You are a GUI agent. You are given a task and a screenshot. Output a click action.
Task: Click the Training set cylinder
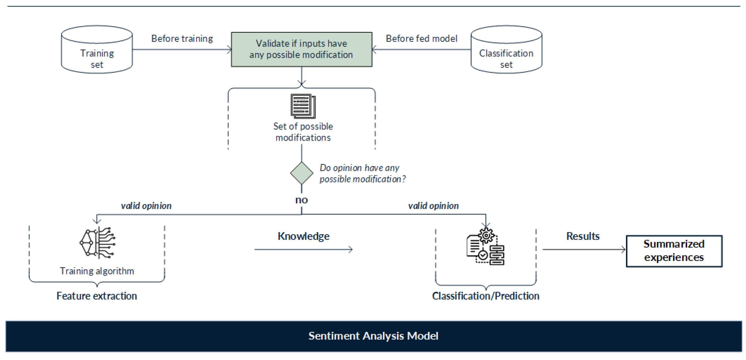pos(97,50)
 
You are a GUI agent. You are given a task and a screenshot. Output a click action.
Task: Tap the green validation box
pos(302,49)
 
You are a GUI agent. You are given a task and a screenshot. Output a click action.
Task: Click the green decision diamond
pos(302,173)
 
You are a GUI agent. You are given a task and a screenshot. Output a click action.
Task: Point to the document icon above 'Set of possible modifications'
pos(303,106)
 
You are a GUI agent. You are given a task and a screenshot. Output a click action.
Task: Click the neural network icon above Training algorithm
pos(98,243)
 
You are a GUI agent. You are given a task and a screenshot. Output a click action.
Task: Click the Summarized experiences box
pos(674,251)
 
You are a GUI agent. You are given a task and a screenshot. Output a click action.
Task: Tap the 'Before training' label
pos(182,38)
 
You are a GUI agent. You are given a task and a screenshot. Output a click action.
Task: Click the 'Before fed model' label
pos(421,38)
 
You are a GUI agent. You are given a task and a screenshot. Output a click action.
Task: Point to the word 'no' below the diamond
pos(302,200)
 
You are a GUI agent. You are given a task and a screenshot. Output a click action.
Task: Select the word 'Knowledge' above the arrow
pos(303,236)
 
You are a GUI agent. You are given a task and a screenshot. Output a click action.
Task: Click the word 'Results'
pos(583,236)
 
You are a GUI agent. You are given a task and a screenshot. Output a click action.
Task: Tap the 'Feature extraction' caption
pos(96,296)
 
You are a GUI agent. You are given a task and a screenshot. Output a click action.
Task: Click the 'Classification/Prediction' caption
pos(485,296)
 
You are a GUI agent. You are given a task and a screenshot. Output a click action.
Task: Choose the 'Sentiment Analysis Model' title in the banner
pos(373,336)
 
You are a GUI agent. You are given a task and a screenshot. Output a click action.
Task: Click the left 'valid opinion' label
pos(146,206)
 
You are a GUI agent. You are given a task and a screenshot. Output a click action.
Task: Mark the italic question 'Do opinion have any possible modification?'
pos(362,173)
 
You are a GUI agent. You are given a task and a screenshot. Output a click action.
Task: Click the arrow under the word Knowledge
pos(303,249)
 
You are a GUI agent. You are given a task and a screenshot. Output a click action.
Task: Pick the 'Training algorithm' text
pos(97,271)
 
